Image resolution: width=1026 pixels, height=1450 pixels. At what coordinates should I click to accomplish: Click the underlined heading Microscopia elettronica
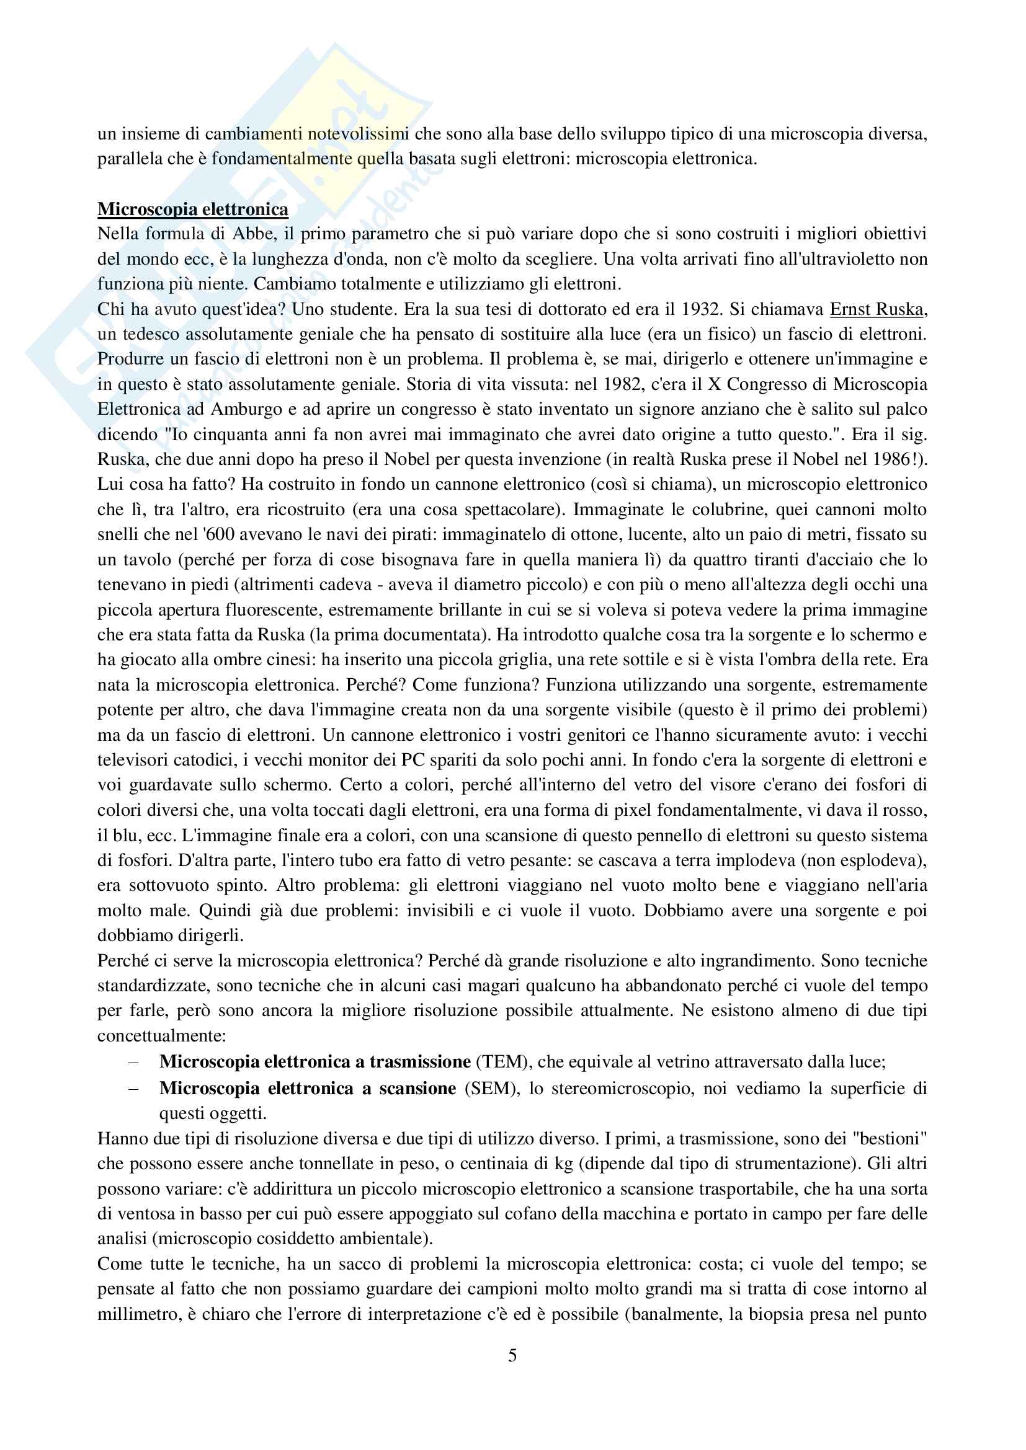click(193, 209)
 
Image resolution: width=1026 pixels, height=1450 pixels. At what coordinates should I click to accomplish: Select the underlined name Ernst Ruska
click(877, 309)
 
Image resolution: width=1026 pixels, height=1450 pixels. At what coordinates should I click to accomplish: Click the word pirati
click(412, 534)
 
